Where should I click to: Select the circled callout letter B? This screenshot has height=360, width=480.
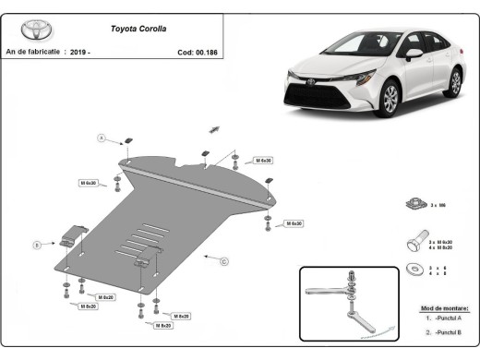pos(37,245)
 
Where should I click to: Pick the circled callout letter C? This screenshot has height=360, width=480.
pos(223,261)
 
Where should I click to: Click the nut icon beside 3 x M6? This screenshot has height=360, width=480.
pos(414,204)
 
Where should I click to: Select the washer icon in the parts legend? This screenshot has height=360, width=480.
pos(412,270)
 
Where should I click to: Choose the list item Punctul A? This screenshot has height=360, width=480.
pos(447,318)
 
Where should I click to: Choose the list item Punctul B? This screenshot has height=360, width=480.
pos(447,330)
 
